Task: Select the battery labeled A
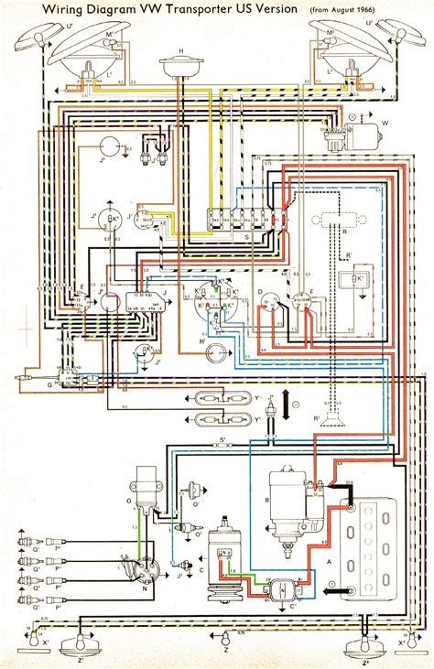pos(371,540)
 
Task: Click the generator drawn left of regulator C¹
pos(224,558)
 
